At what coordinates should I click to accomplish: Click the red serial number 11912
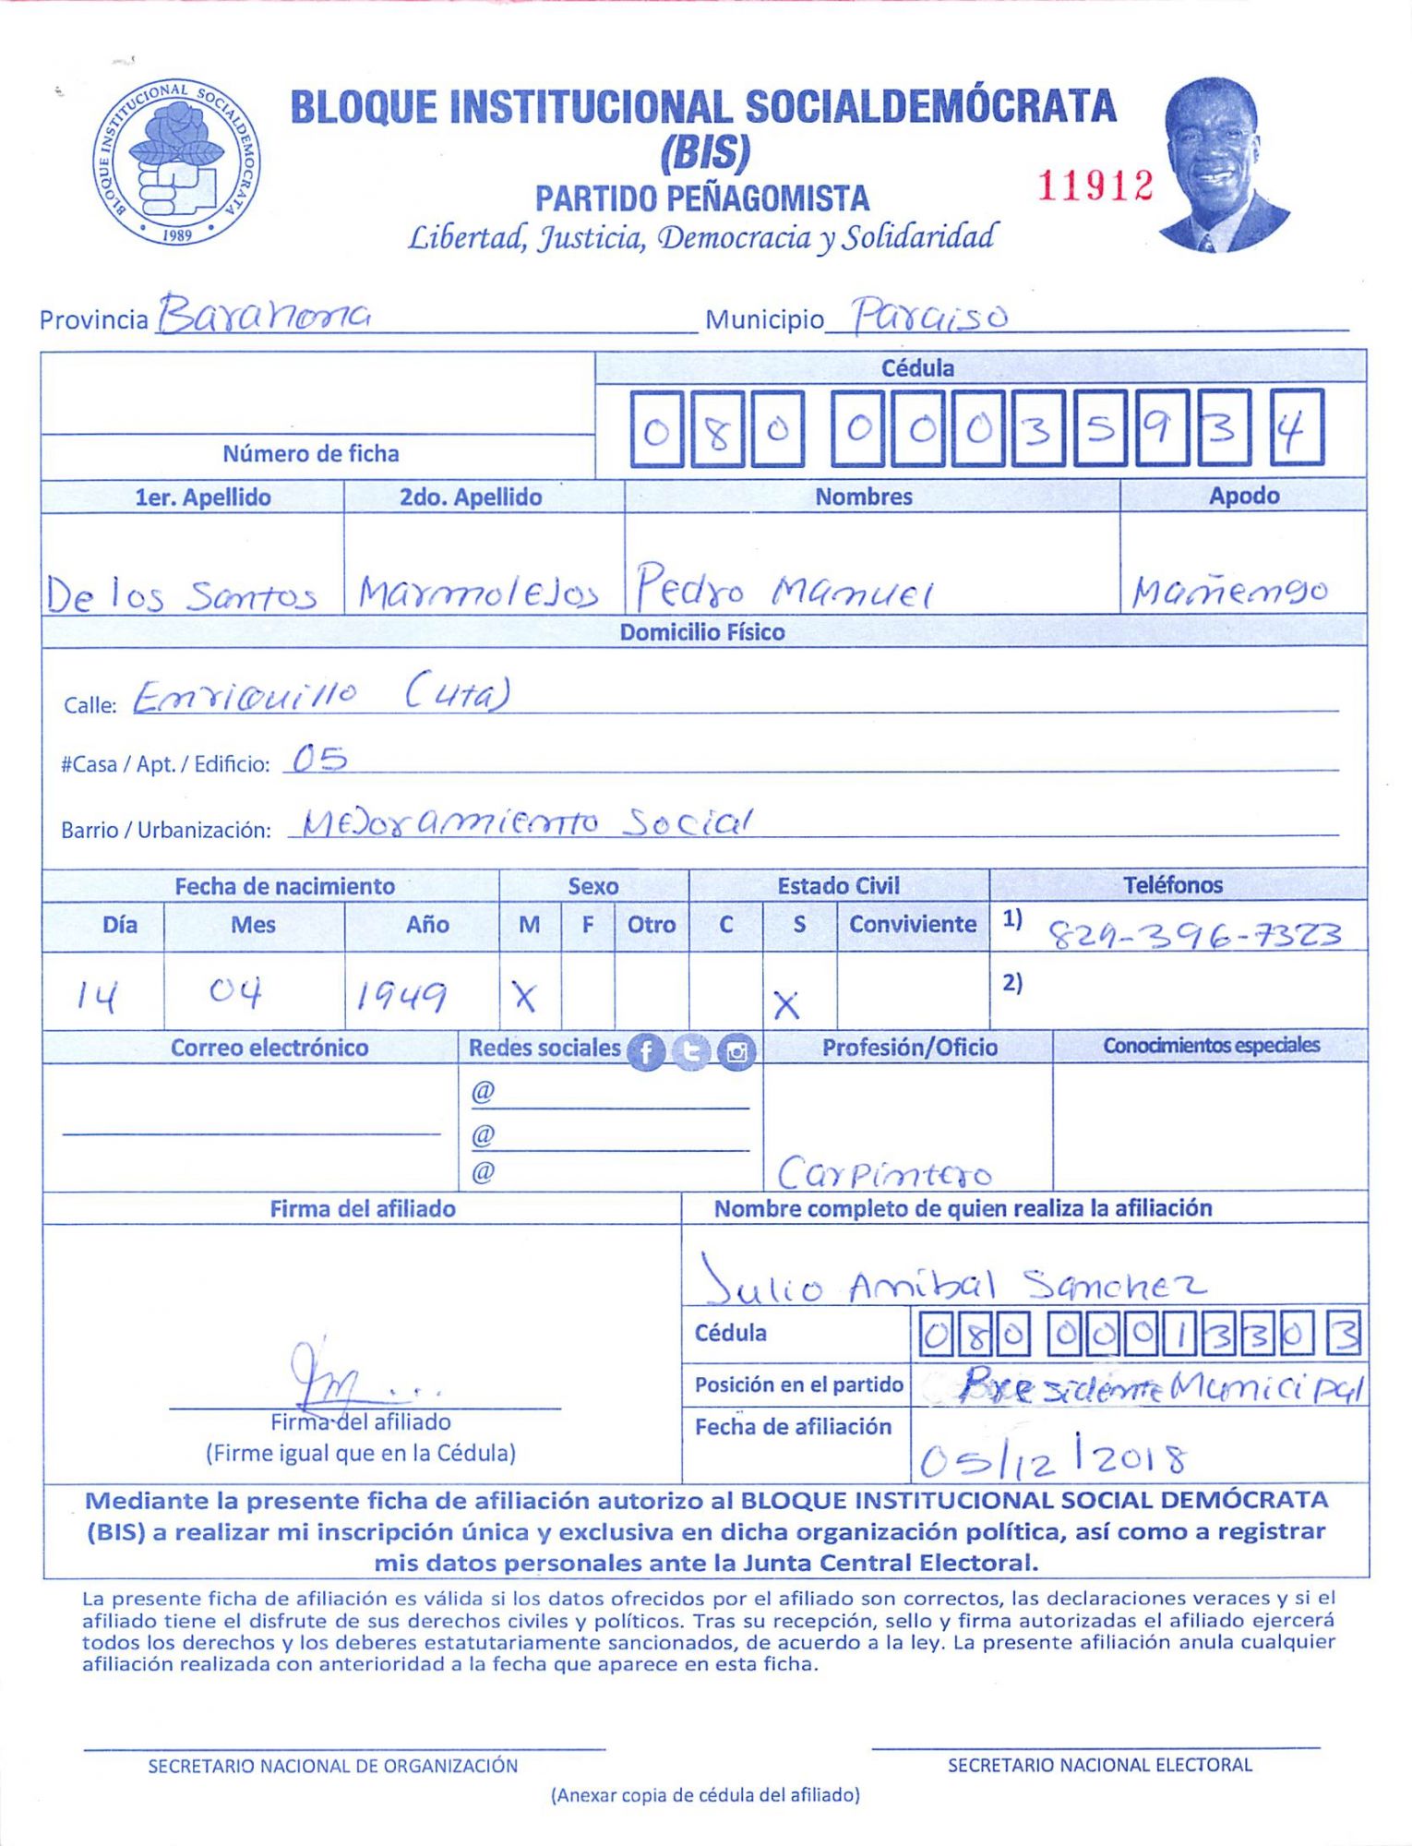(x=1095, y=186)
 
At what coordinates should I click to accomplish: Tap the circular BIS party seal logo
(x=176, y=162)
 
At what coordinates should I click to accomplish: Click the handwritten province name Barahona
(x=265, y=315)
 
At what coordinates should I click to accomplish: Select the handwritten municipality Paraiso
(x=928, y=317)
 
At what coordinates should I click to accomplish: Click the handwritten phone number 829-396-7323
(x=1195, y=936)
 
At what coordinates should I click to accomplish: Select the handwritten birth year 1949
(x=401, y=995)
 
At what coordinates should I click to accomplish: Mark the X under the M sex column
(x=524, y=996)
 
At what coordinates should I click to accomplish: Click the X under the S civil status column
(x=786, y=1004)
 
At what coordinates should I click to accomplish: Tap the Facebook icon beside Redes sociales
(x=646, y=1051)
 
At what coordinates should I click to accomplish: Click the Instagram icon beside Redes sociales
(x=736, y=1051)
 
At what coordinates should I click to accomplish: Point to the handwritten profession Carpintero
(x=884, y=1173)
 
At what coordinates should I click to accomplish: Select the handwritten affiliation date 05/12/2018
(x=1052, y=1458)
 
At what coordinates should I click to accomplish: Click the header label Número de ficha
(x=311, y=453)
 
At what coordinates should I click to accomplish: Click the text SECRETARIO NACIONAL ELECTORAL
(x=1099, y=1765)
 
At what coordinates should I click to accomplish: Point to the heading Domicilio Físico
(x=702, y=632)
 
